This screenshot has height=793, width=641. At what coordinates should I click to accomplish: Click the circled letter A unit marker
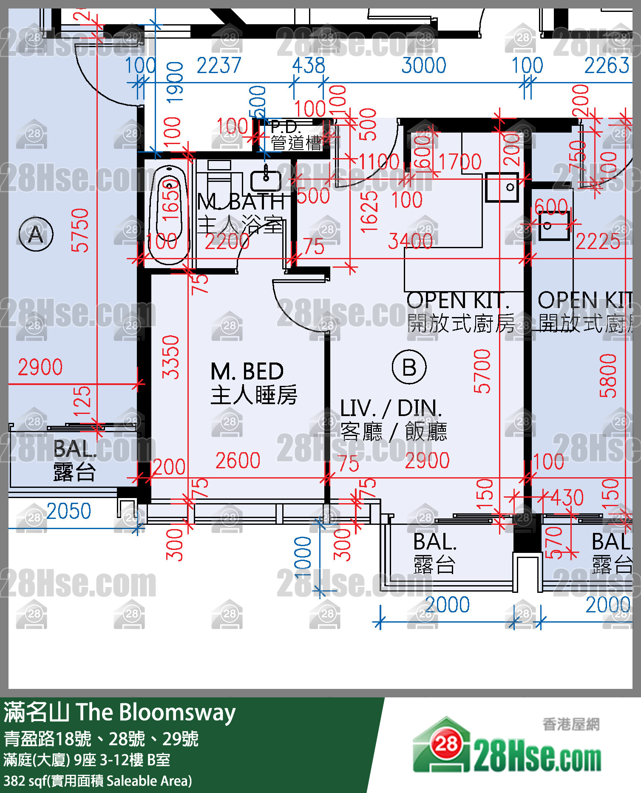click(36, 234)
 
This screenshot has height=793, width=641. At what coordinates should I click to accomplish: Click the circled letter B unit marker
click(409, 367)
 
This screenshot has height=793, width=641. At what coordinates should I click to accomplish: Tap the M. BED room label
click(248, 371)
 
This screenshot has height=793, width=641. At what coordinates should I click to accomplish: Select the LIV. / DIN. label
click(391, 408)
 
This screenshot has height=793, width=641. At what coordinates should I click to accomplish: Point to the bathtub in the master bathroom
click(169, 215)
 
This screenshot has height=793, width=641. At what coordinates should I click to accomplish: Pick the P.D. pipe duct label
click(286, 127)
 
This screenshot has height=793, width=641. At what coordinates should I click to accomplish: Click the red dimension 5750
click(80, 230)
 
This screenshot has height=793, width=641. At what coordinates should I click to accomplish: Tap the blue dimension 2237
click(219, 65)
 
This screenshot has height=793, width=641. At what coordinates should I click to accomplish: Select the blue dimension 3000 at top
click(424, 65)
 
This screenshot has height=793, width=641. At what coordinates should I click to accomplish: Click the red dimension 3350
click(171, 357)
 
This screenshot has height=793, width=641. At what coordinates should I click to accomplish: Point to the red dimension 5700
click(482, 371)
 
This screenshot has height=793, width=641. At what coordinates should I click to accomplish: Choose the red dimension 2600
click(238, 461)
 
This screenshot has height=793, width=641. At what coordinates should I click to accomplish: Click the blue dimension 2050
click(69, 511)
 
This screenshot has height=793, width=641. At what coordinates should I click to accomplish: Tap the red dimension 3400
click(410, 241)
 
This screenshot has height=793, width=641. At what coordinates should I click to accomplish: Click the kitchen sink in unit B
click(502, 187)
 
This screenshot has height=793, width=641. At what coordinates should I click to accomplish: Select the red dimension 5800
click(608, 375)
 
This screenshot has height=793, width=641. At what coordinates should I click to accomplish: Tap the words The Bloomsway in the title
click(156, 713)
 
